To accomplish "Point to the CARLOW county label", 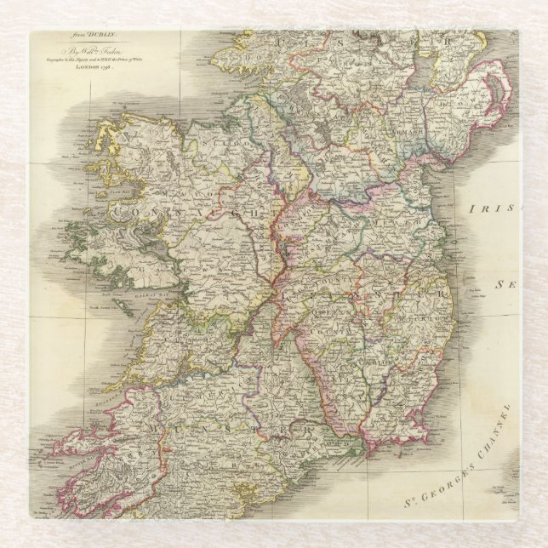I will click(x=381, y=361).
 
